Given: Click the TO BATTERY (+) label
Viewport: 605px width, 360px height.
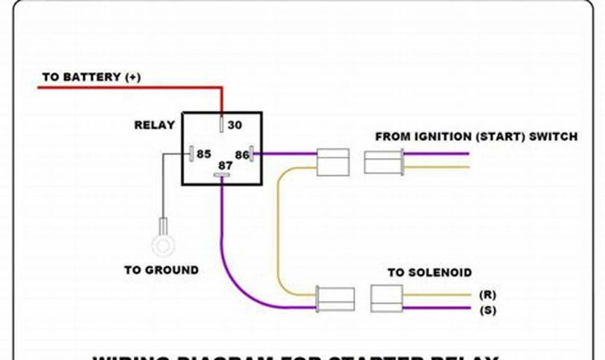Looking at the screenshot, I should click(91, 77).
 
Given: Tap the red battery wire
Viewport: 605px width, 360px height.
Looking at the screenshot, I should click(130, 88).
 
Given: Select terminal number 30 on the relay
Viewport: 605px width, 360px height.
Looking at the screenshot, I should click(235, 125).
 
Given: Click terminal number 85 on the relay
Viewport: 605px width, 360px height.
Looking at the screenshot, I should click(203, 154).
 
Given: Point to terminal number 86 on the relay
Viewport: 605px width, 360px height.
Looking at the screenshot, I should click(242, 155).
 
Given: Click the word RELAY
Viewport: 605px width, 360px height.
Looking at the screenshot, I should click(154, 125).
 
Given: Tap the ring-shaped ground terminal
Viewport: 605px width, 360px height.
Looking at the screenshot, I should click(161, 245).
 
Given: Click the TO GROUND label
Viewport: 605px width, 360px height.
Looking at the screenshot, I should click(161, 270).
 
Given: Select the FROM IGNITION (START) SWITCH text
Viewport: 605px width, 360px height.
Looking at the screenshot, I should click(476, 137).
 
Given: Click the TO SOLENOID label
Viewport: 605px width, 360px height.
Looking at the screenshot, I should click(430, 273).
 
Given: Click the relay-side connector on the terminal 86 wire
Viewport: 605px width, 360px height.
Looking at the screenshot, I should click(333, 162).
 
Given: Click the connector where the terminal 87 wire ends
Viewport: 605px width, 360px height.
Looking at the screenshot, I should click(336, 300).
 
